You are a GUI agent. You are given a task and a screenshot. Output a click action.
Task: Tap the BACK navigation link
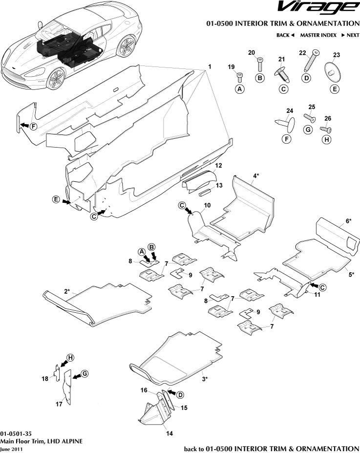(285, 35)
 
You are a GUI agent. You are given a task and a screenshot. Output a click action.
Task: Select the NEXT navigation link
(350, 35)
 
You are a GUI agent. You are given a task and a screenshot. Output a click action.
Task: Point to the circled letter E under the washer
(335, 89)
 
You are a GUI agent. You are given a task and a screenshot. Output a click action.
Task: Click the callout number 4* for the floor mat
(255, 175)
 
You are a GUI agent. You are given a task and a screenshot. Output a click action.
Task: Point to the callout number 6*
(348, 221)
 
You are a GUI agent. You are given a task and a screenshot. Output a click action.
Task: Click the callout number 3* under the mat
(205, 378)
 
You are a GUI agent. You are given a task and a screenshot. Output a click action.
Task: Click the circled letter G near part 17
(85, 373)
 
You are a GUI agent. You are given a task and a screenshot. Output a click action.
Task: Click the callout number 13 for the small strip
(219, 185)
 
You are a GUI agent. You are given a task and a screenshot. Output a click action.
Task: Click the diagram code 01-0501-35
(16, 433)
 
